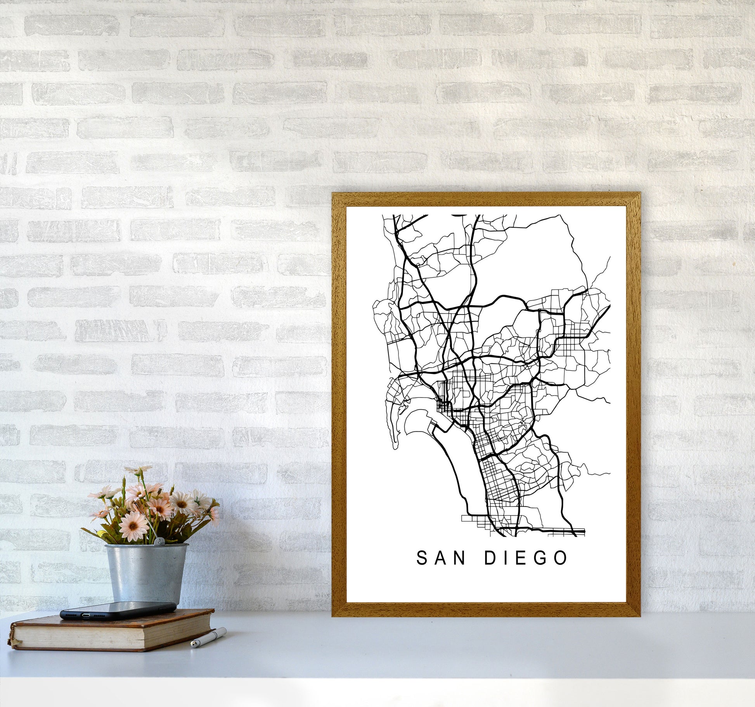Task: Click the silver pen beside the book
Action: coord(208,638)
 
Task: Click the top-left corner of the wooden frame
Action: coord(333,193)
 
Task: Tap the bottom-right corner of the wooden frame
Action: coord(640,616)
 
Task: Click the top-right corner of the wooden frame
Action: coord(640,193)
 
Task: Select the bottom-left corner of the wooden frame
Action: coord(333,616)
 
